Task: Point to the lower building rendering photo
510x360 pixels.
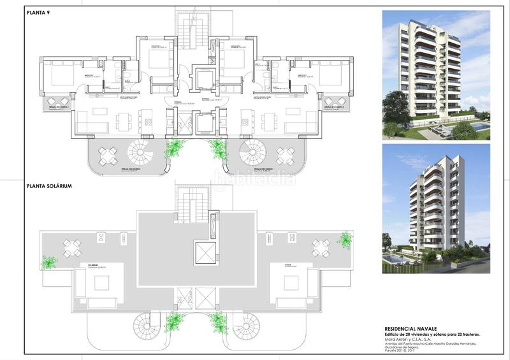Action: pos(435,208)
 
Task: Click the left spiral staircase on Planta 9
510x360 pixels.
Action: pos(140,154)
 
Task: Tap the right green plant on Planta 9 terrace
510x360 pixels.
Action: pos(217,149)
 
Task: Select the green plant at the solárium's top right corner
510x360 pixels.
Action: pos(345,240)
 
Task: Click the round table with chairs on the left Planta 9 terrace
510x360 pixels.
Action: pos(108,155)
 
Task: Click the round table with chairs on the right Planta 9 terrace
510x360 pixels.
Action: pos(284,155)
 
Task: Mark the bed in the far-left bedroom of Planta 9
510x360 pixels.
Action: pos(58,76)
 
